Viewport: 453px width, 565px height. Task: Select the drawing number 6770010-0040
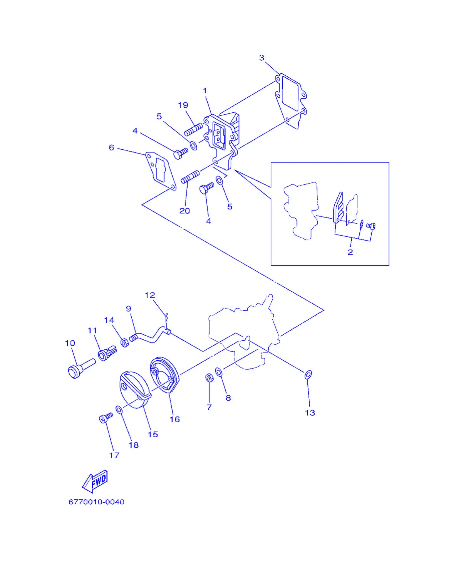coord(97,502)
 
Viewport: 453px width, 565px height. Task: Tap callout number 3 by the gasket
coord(262,58)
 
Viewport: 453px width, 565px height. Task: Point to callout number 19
coord(183,105)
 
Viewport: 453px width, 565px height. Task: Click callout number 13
coord(310,413)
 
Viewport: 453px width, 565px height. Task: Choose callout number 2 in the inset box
coord(350,252)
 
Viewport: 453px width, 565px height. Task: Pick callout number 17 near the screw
coord(114,455)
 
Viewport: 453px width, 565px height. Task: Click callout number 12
coord(150,295)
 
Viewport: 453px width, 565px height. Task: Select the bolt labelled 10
coord(81,368)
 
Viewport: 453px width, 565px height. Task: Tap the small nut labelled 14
coord(125,343)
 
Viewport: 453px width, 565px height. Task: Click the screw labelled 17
coord(106,418)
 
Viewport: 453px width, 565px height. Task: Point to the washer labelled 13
coord(308,375)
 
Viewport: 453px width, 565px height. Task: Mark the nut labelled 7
coord(210,378)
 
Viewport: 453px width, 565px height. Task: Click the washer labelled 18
coord(119,409)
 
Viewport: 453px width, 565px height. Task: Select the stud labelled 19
coord(194,129)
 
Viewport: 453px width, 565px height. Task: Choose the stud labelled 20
coord(190,177)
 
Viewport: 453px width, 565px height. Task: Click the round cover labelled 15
coord(136,390)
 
